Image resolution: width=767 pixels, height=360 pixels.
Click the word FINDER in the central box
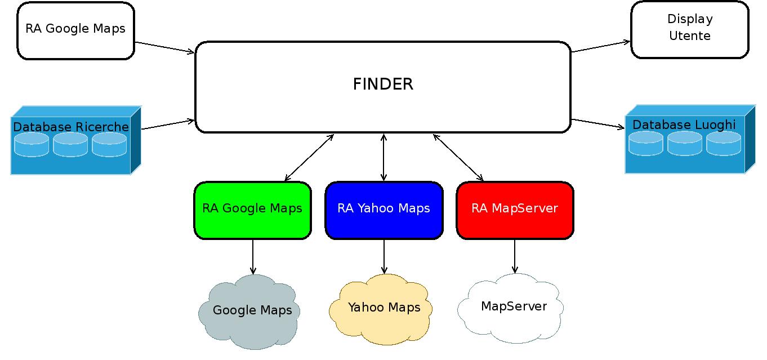click(383, 85)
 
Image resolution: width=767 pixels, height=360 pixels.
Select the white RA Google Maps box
click(75, 30)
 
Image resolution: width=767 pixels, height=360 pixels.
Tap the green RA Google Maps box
click(252, 210)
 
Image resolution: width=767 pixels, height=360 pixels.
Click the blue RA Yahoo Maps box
click(384, 210)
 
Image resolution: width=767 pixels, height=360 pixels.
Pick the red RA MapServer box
click(515, 210)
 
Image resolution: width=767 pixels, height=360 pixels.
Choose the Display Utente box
click(690, 29)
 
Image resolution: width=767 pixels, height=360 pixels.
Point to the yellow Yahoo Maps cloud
click(383, 308)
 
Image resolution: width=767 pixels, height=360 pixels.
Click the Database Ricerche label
click(71, 127)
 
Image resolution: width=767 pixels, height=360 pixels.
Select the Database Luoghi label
click(684, 125)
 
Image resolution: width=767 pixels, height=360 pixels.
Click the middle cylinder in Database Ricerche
click(70, 145)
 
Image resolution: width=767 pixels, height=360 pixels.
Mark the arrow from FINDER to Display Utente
click(600, 46)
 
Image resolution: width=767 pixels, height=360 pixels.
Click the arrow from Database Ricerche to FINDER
click(168, 124)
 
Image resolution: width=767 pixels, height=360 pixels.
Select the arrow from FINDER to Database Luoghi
click(598, 123)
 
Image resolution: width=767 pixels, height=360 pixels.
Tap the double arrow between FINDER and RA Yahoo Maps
click(384, 157)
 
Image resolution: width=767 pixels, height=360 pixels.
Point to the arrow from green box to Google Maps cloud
click(252, 257)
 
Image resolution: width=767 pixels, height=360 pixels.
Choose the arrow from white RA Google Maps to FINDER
click(164, 47)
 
